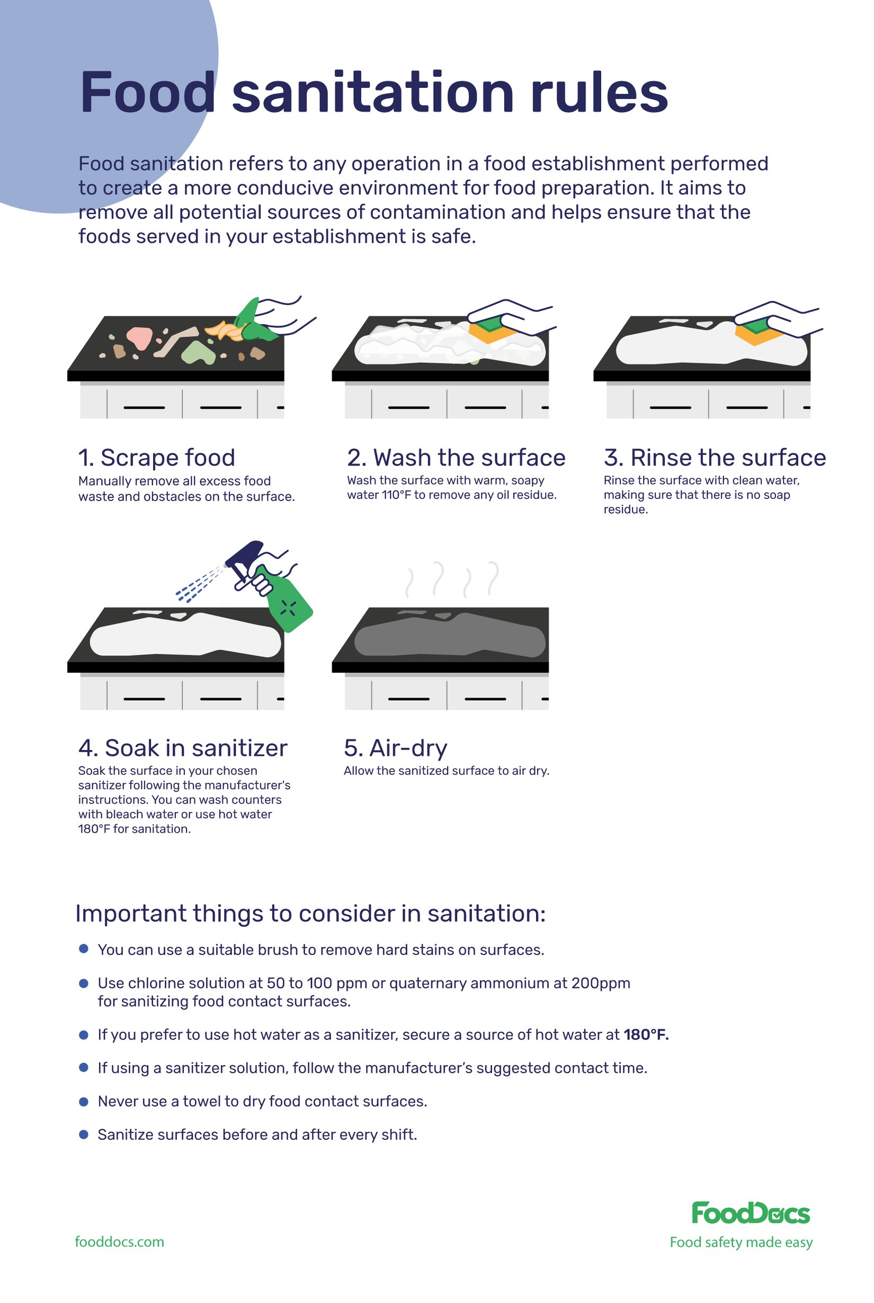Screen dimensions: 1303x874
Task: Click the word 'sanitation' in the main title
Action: point(372,93)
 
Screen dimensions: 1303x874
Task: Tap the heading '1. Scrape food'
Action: point(157,458)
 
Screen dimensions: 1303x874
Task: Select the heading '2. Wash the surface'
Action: point(456,458)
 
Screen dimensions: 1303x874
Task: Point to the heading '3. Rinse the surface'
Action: point(715,458)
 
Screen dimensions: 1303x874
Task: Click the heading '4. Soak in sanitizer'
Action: point(183,748)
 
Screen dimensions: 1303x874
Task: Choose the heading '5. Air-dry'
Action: point(395,748)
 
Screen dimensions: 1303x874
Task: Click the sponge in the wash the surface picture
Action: point(489,330)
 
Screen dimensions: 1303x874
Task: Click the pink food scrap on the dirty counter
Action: point(139,337)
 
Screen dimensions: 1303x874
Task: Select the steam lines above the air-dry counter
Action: point(452,579)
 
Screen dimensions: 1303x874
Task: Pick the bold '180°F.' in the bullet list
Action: point(646,1035)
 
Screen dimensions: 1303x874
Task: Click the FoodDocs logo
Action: point(750,1213)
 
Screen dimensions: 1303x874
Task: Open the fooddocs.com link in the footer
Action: point(119,1242)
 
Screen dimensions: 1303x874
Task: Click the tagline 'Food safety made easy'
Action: point(741,1242)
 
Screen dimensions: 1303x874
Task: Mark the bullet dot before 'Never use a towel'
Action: point(84,1102)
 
